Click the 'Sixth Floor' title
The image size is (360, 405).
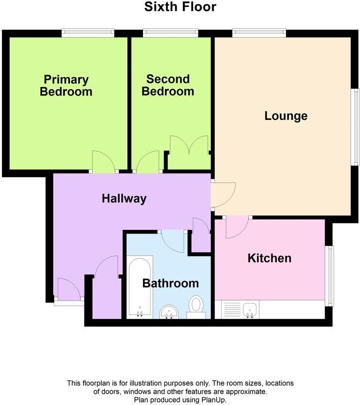pos(180,7)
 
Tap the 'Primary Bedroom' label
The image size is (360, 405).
pos(66,85)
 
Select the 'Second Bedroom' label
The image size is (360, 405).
pos(168,85)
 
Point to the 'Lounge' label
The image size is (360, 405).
pos(286,116)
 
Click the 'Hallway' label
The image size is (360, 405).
pos(124,199)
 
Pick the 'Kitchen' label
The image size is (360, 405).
pos(270,258)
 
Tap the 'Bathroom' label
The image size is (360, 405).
pos(171,283)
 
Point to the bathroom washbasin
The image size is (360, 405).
pos(169,311)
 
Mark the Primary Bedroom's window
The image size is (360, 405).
pos(88,33)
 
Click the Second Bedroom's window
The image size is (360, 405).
pos(171,33)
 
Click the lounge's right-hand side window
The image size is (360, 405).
pos(356,127)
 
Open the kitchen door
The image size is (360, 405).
pos(237,227)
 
